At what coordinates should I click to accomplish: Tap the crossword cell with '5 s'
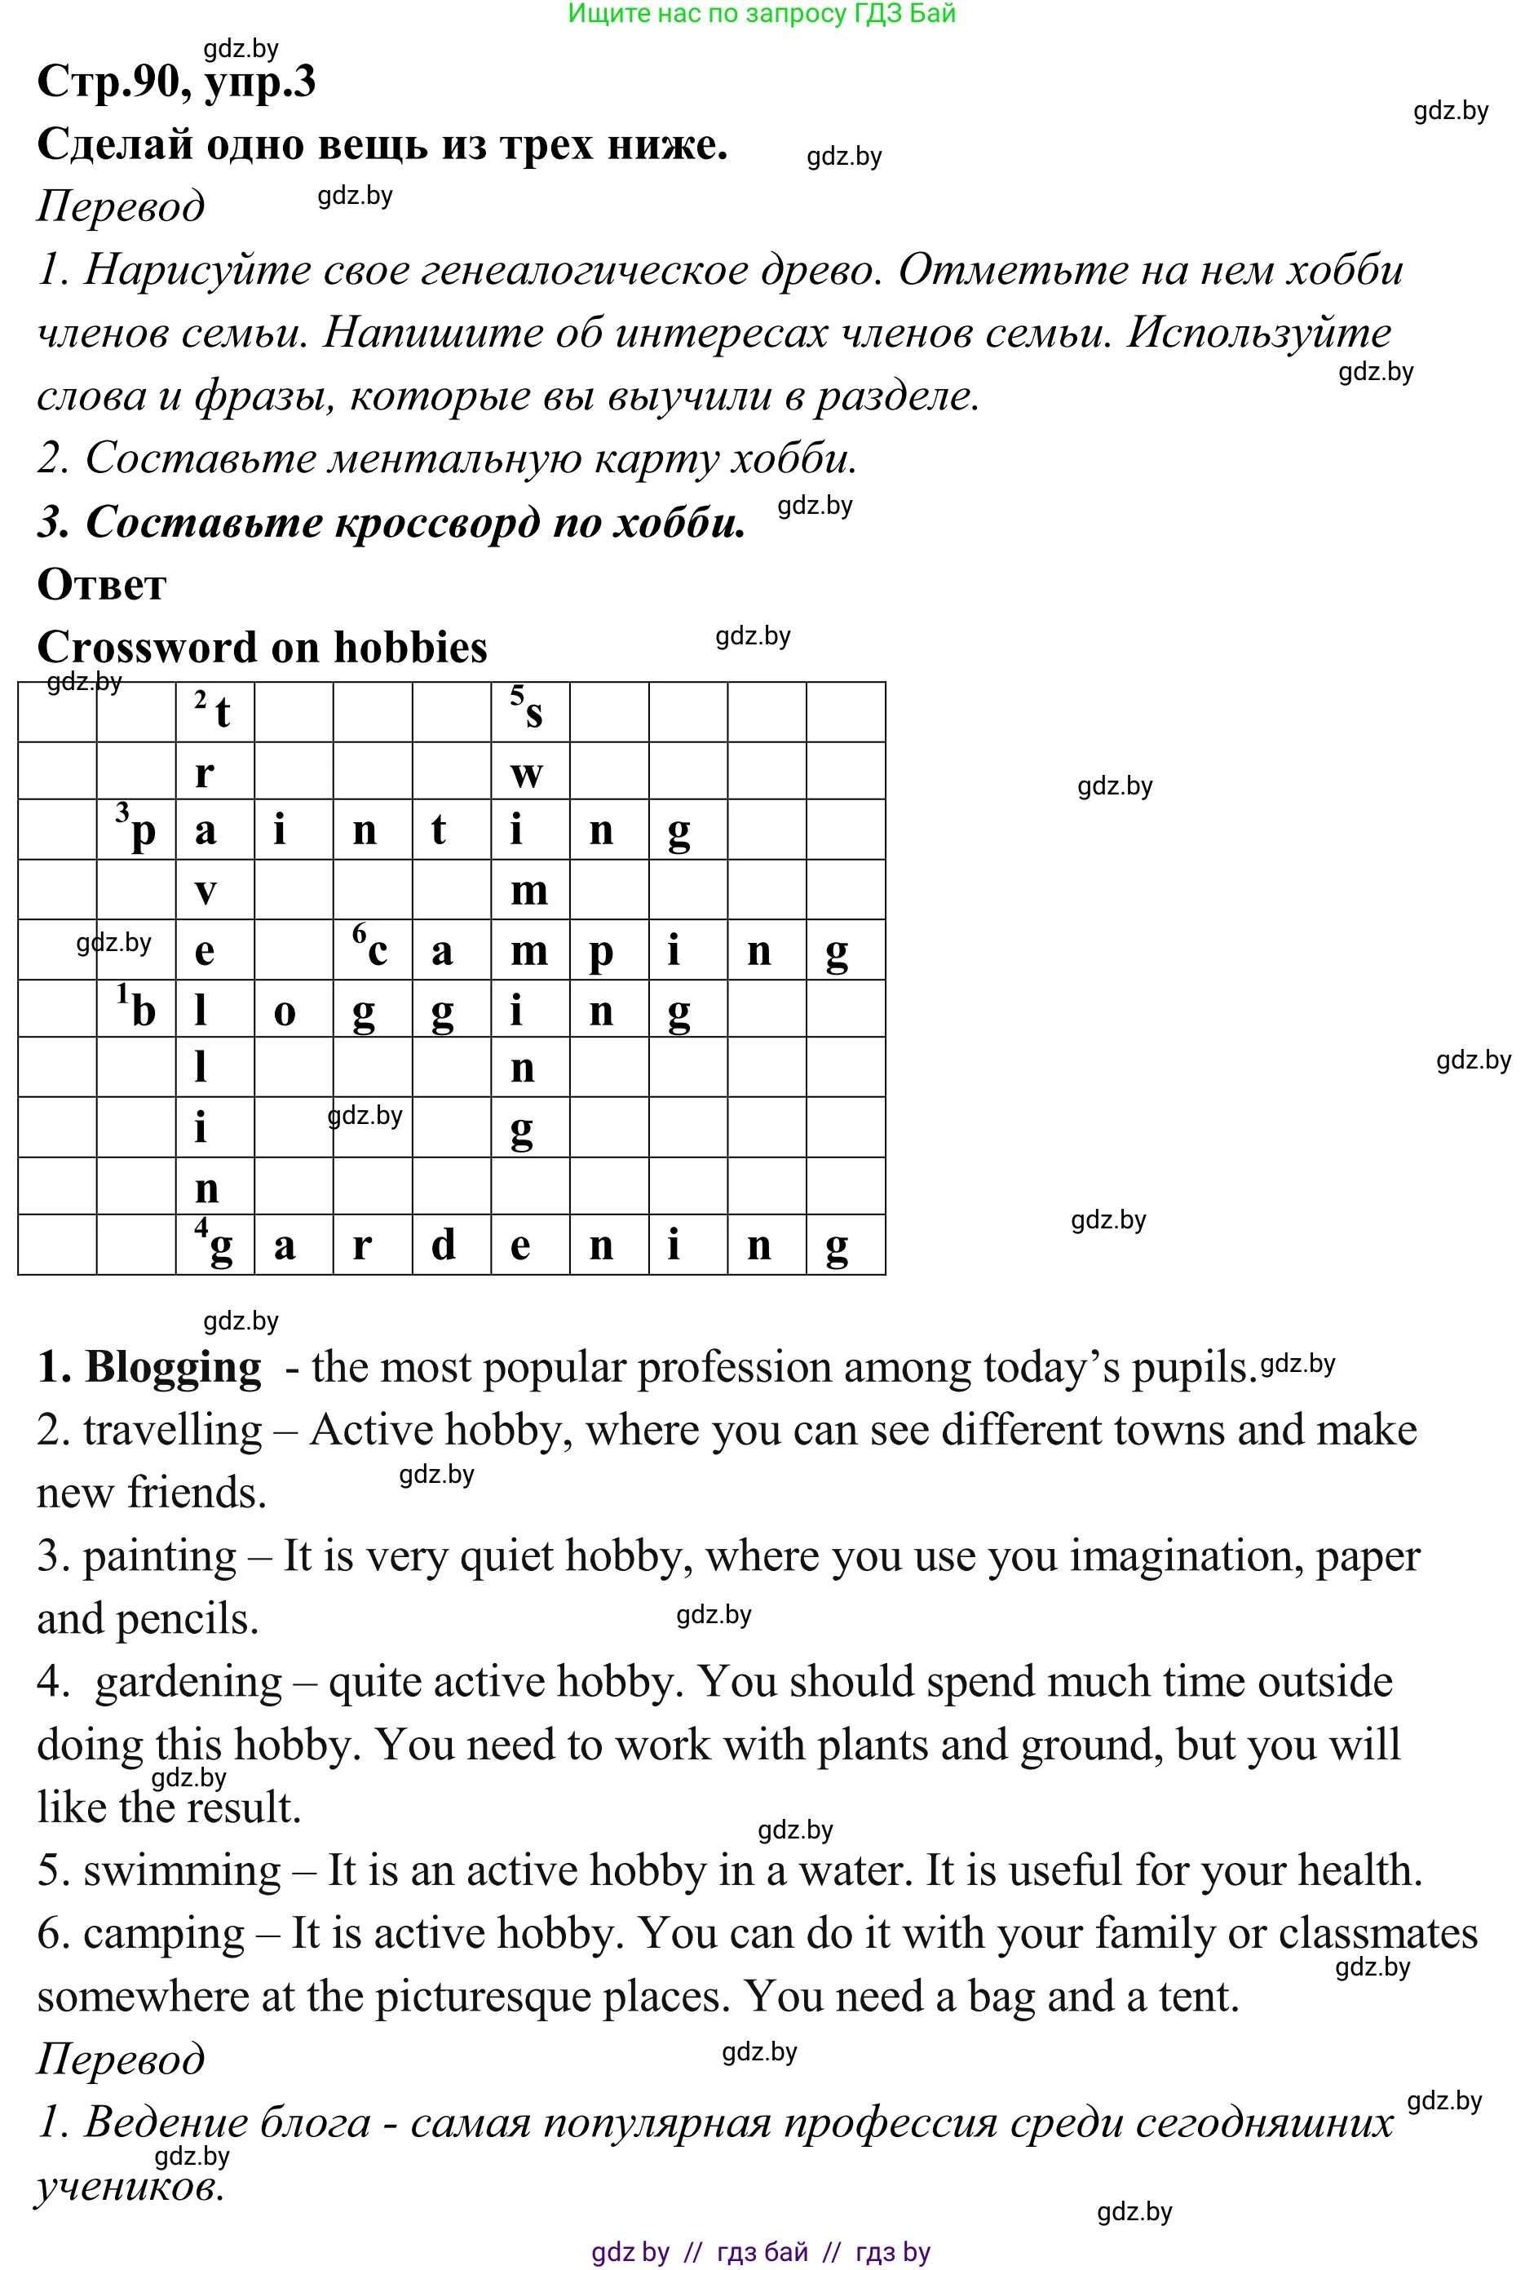coord(530,712)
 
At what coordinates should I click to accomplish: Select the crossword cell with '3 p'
coord(136,830)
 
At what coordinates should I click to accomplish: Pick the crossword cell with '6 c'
coord(372,949)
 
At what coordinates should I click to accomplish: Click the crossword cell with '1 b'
coord(136,1008)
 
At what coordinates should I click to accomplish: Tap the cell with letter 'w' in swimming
coord(530,772)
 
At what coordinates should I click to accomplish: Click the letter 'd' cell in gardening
coord(450,1244)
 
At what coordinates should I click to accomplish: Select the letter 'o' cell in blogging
coord(293,1008)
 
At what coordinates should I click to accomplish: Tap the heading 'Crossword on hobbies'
coord(262,647)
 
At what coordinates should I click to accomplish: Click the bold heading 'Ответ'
coord(101,585)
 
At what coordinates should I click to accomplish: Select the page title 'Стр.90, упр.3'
coord(176,81)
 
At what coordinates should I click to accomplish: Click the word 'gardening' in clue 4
coord(188,1682)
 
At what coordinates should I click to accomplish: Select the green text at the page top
coord(762,14)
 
